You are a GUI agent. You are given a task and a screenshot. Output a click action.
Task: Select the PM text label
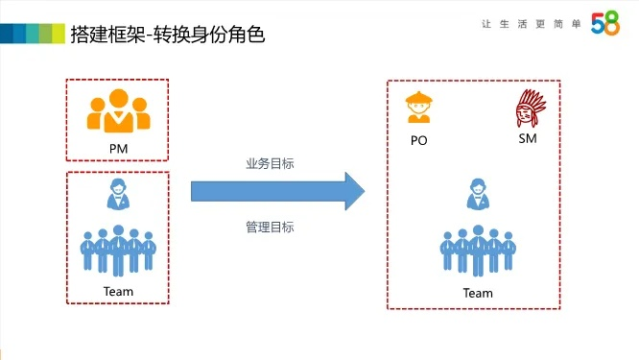coord(118,149)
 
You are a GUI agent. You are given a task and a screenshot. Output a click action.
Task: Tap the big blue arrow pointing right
coord(277,189)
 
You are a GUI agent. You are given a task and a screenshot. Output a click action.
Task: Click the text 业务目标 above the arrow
coord(270,163)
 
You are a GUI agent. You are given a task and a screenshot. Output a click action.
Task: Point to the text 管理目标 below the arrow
coord(270,228)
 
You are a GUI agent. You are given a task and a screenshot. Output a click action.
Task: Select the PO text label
coord(418,140)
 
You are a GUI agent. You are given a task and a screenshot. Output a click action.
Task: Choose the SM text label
coord(527,139)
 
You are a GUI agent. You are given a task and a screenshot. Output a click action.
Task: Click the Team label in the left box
coord(118,291)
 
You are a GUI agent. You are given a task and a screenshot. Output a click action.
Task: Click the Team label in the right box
coord(477,293)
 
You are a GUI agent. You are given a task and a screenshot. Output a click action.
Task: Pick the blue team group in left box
coord(117,250)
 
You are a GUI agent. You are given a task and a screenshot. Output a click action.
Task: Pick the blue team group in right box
coord(477,252)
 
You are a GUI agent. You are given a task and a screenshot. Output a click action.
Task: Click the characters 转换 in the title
coord(186,34)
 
